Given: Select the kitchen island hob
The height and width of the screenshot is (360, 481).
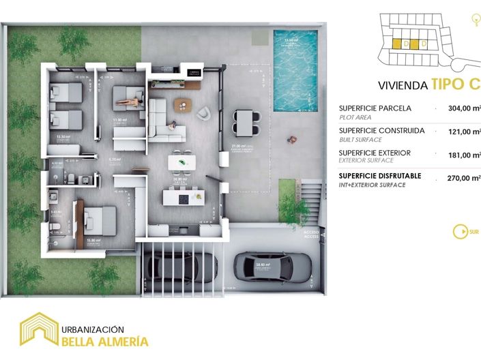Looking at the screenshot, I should pos(182,198).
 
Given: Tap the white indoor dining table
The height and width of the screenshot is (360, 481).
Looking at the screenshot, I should pos(184,162).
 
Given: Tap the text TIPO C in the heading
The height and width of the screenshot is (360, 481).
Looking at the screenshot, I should pos(454,85).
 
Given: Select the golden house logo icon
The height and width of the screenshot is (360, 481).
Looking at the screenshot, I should pos(40,329).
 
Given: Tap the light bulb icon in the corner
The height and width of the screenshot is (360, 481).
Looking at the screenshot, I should pos(473,20).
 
